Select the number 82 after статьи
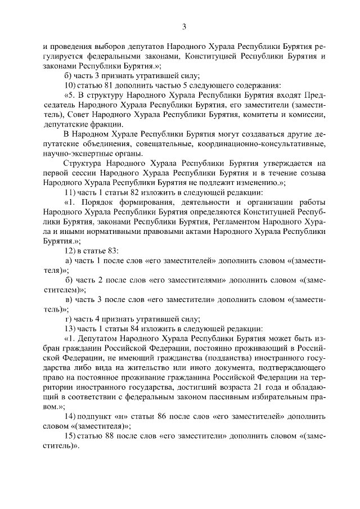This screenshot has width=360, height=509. [x=128, y=192]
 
